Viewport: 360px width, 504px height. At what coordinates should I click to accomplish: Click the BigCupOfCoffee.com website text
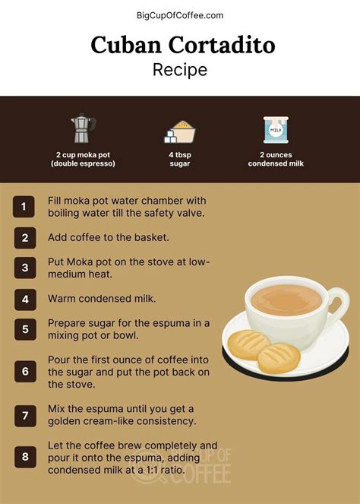(180, 14)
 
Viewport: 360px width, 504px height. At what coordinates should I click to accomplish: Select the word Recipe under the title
(180, 70)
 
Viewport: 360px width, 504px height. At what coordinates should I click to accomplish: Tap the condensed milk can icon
(275, 130)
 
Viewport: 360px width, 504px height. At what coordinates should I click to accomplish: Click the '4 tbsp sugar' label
(179, 159)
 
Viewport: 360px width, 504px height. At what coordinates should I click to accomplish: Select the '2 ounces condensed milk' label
(276, 159)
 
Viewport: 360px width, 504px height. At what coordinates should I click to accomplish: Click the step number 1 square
(24, 207)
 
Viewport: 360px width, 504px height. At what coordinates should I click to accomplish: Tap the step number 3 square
(24, 268)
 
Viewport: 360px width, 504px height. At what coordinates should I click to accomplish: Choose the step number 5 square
(24, 330)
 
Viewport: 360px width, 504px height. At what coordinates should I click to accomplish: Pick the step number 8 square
(24, 457)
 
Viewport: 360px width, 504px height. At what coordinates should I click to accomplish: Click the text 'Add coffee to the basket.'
(108, 237)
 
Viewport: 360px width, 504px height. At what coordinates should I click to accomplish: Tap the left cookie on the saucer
(248, 345)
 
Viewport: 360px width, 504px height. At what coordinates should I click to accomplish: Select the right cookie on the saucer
(279, 357)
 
